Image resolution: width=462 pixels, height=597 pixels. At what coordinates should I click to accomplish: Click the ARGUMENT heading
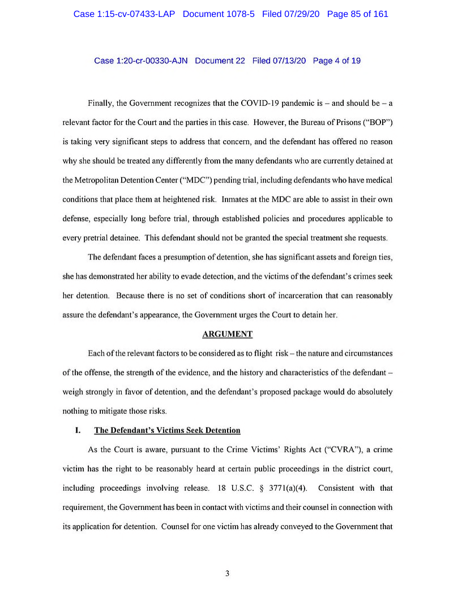point(227,334)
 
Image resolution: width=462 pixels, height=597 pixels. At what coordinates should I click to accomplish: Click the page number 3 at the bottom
point(227,574)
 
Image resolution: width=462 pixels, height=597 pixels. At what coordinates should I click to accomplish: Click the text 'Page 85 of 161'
point(358,14)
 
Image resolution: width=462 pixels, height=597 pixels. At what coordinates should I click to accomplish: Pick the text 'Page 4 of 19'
point(336,60)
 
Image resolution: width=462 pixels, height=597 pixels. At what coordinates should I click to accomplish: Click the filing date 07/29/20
point(301,14)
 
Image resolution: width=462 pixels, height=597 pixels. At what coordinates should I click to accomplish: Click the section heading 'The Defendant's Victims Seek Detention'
point(167,431)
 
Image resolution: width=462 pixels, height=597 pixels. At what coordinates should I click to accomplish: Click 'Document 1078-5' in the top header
point(220,14)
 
